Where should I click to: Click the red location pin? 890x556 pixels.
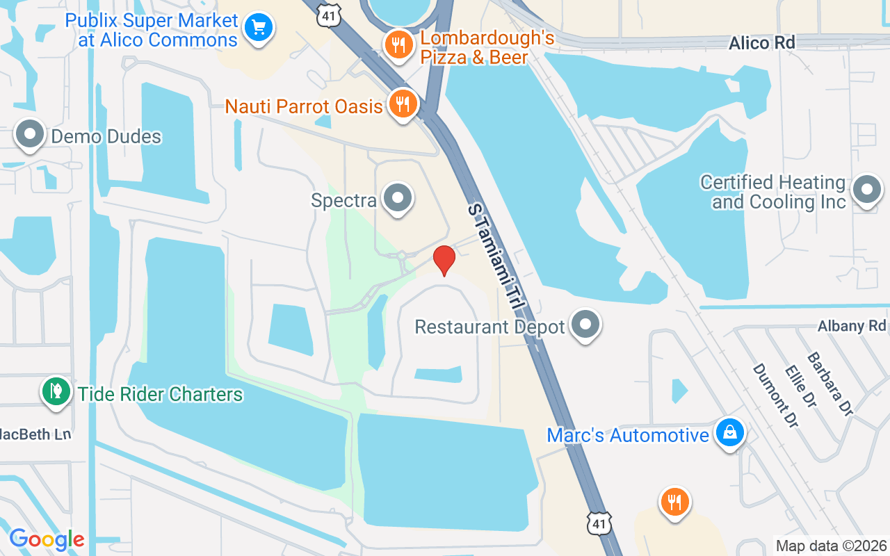[444, 260]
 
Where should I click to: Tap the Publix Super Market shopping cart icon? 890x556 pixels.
[259, 28]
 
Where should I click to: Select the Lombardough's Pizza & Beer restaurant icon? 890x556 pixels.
[398, 45]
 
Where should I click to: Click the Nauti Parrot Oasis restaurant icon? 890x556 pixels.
[402, 104]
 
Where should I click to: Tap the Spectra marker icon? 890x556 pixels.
[398, 199]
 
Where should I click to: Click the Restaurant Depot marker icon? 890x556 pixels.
[585, 325]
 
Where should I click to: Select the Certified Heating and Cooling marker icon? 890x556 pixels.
[867, 190]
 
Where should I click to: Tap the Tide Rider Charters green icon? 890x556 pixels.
[56, 392]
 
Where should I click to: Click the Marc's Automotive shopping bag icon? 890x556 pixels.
[729, 433]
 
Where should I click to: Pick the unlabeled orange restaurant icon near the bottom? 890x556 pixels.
[673, 501]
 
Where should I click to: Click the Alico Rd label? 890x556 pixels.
[761, 43]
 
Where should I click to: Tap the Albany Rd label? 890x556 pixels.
[852, 326]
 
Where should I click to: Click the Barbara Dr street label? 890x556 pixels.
[830, 384]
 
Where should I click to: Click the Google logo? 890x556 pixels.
[47, 539]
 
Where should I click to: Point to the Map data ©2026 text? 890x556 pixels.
[832, 546]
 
